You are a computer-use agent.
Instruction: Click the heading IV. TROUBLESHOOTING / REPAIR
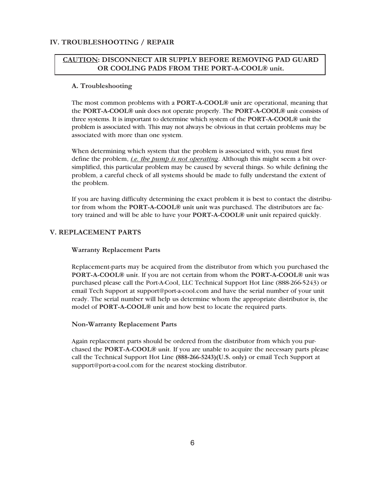(112, 42)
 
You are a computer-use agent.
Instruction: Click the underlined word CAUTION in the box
(80, 60)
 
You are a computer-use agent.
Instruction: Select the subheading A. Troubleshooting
(102, 86)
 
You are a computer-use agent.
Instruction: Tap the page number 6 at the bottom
(192, 443)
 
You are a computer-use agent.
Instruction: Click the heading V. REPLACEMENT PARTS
(95, 232)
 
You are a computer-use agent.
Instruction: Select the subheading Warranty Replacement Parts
(116, 250)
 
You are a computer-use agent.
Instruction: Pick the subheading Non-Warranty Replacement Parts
(124, 324)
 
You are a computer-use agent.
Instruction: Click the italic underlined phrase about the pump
(174, 159)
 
